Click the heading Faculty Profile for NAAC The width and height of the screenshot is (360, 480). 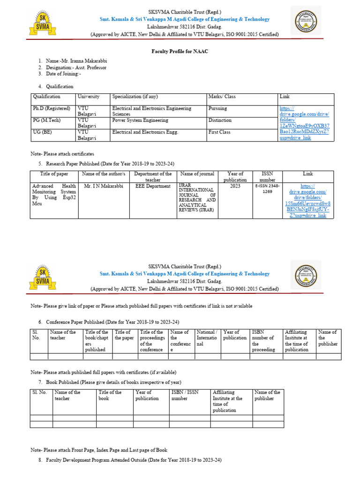180,51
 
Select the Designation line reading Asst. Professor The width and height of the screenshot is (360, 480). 76,67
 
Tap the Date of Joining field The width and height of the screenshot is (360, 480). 63,74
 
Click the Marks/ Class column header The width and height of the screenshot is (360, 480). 222,97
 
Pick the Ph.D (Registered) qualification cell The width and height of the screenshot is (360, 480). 51,108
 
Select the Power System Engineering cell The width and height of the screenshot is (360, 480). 140,120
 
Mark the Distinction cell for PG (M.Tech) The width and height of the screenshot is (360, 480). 220,120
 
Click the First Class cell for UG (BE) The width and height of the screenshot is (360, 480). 219,132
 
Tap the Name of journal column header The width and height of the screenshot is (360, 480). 197,174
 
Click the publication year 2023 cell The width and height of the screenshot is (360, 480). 235,186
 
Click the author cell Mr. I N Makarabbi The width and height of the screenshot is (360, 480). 104,186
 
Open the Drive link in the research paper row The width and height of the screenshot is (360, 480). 307,201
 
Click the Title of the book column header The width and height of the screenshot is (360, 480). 110,395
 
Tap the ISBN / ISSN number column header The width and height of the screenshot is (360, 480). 185,395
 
